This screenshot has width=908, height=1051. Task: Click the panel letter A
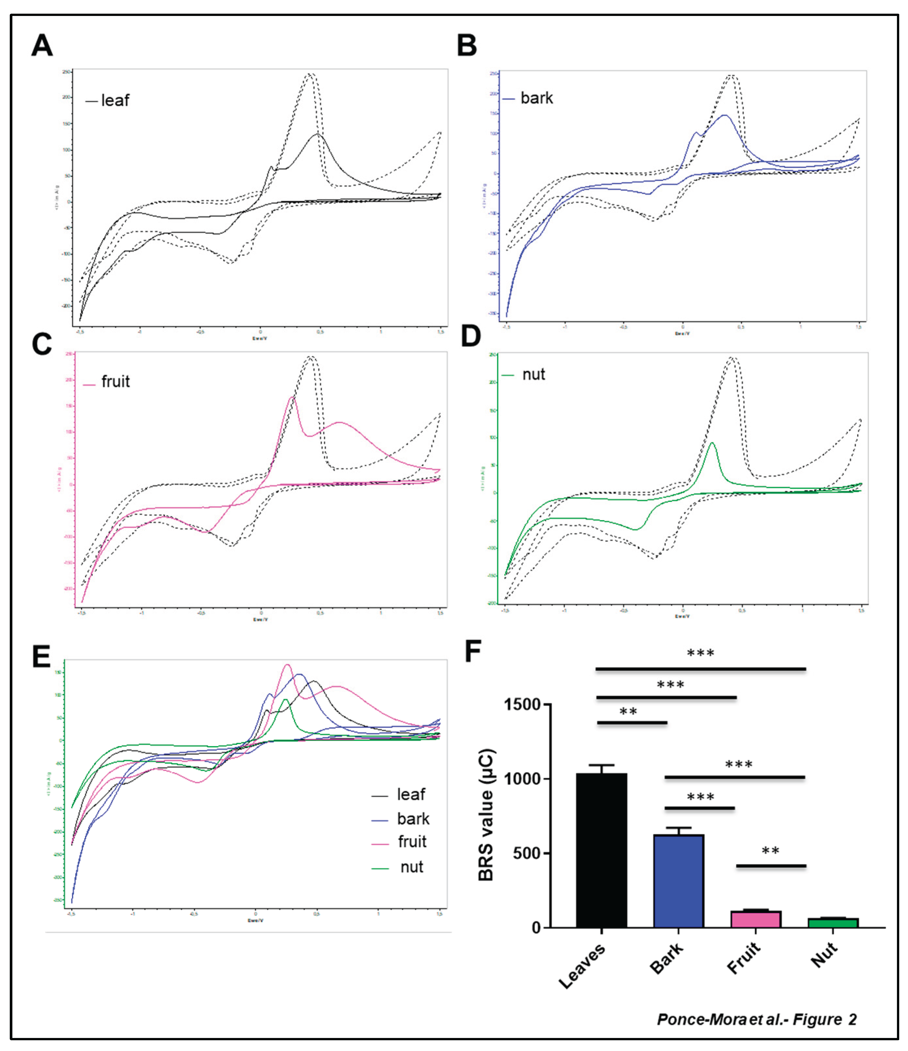pyautogui.click(x=42, y=46)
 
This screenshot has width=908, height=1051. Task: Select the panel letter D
pyautogui.click(x=471, y=336)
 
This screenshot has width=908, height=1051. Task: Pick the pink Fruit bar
pyautogui.click(x=755, y=919)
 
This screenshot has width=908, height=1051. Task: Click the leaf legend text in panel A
pyautogui.click(x=115, y=100)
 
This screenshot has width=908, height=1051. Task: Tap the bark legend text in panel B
pyautogui.click(x=536, y=98)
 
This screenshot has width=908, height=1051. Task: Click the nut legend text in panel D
pyautogui.click(x=533, y=374)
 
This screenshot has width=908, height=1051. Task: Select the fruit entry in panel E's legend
pyautogui.click(x=412, y=842)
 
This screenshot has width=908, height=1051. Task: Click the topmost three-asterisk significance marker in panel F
pyautogui.click(x=700, y=653)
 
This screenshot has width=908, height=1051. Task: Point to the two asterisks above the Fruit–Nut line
pyautogui.click(x=770, y=851)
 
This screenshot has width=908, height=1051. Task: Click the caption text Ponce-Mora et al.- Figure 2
pyautogui.click(x=756, y=1019)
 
